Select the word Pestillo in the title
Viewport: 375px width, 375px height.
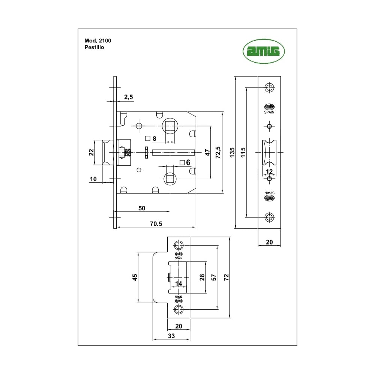pyautogui.click(x=92, y=48)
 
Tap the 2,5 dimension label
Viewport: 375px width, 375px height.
pyautogui.click(x=128, y=97)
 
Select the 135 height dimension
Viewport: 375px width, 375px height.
pyautogui.click(x=232, y=152)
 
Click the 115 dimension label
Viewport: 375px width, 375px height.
pyautogui.click(x=243, y=152)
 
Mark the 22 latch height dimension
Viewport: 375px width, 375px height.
pyautogui.click(x=91, y=152)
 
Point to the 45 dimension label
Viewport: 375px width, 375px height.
pyautogui.click(x=135, y=277)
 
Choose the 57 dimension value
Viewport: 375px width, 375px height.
pyautogui.click(x=214, y=277)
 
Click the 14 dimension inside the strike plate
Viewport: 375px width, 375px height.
pyautogui.click(x=178, y=284)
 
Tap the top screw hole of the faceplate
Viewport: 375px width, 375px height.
pyautogui.click(x=269, y=88)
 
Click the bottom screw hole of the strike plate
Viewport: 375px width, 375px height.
pyautogui.click(x=178, y=309)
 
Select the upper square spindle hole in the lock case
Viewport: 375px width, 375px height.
pyautogui.click(x=170, y=126)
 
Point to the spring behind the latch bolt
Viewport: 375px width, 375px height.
pyautogui.click(x=128, y=152)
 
